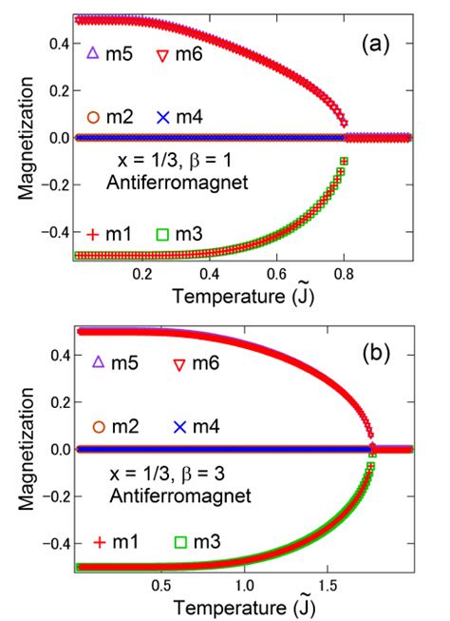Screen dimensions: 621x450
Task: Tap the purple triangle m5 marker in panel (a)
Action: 93,53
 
